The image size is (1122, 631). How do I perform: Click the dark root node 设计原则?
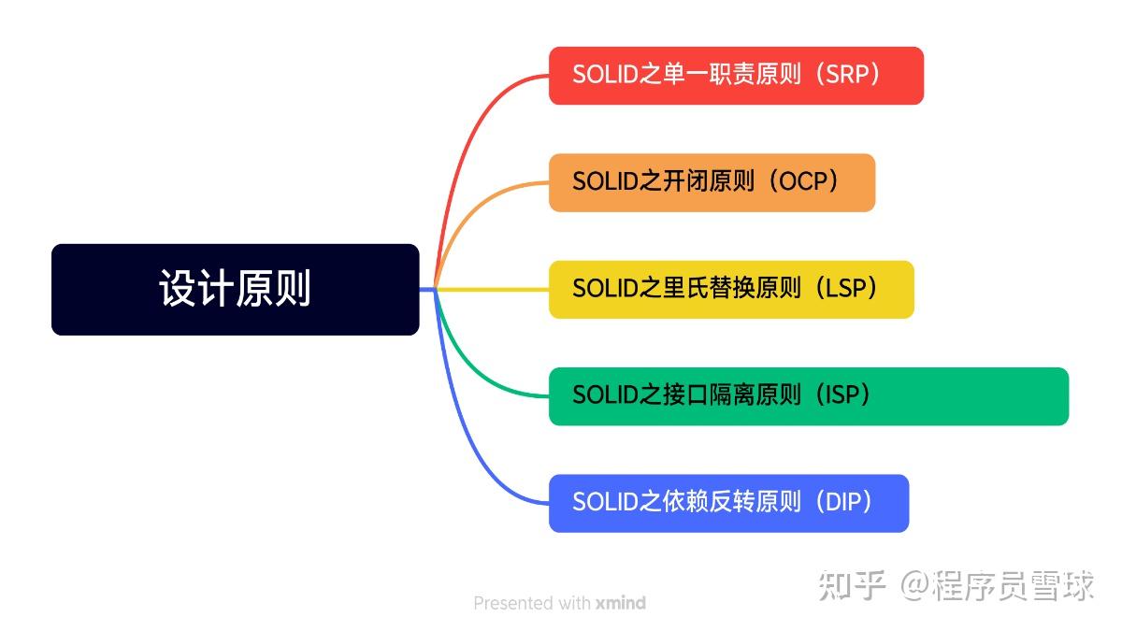tap(235, 289)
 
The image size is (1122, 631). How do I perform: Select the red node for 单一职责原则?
tap(736, 76)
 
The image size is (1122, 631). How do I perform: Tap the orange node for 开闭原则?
tap(712, 182)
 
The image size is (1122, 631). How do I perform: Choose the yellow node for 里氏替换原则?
tap(730, 289)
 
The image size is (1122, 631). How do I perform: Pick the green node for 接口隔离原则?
tap(808, 396)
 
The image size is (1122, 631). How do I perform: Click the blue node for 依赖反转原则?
tap(728, 503)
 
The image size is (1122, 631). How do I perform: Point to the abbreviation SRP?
tap(848, 76)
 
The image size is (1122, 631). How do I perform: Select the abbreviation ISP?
tap(847, 396)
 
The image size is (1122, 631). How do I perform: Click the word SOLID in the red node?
tap(604, 76)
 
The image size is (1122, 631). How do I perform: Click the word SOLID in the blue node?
tap(604, 503)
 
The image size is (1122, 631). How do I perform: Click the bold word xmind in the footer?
tap(620, 603)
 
